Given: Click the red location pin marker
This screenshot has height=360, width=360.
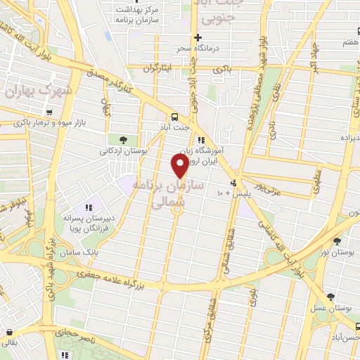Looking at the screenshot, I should pyautogui.click(x=180, y=166).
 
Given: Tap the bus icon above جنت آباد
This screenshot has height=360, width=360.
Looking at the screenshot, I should pyautogui.click(x=173, y=117).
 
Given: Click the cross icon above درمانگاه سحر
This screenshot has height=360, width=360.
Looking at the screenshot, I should pyautogui.click(x=198, y=37).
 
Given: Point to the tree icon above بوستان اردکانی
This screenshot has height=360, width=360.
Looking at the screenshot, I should pyautogui.click(x=124, y=139).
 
